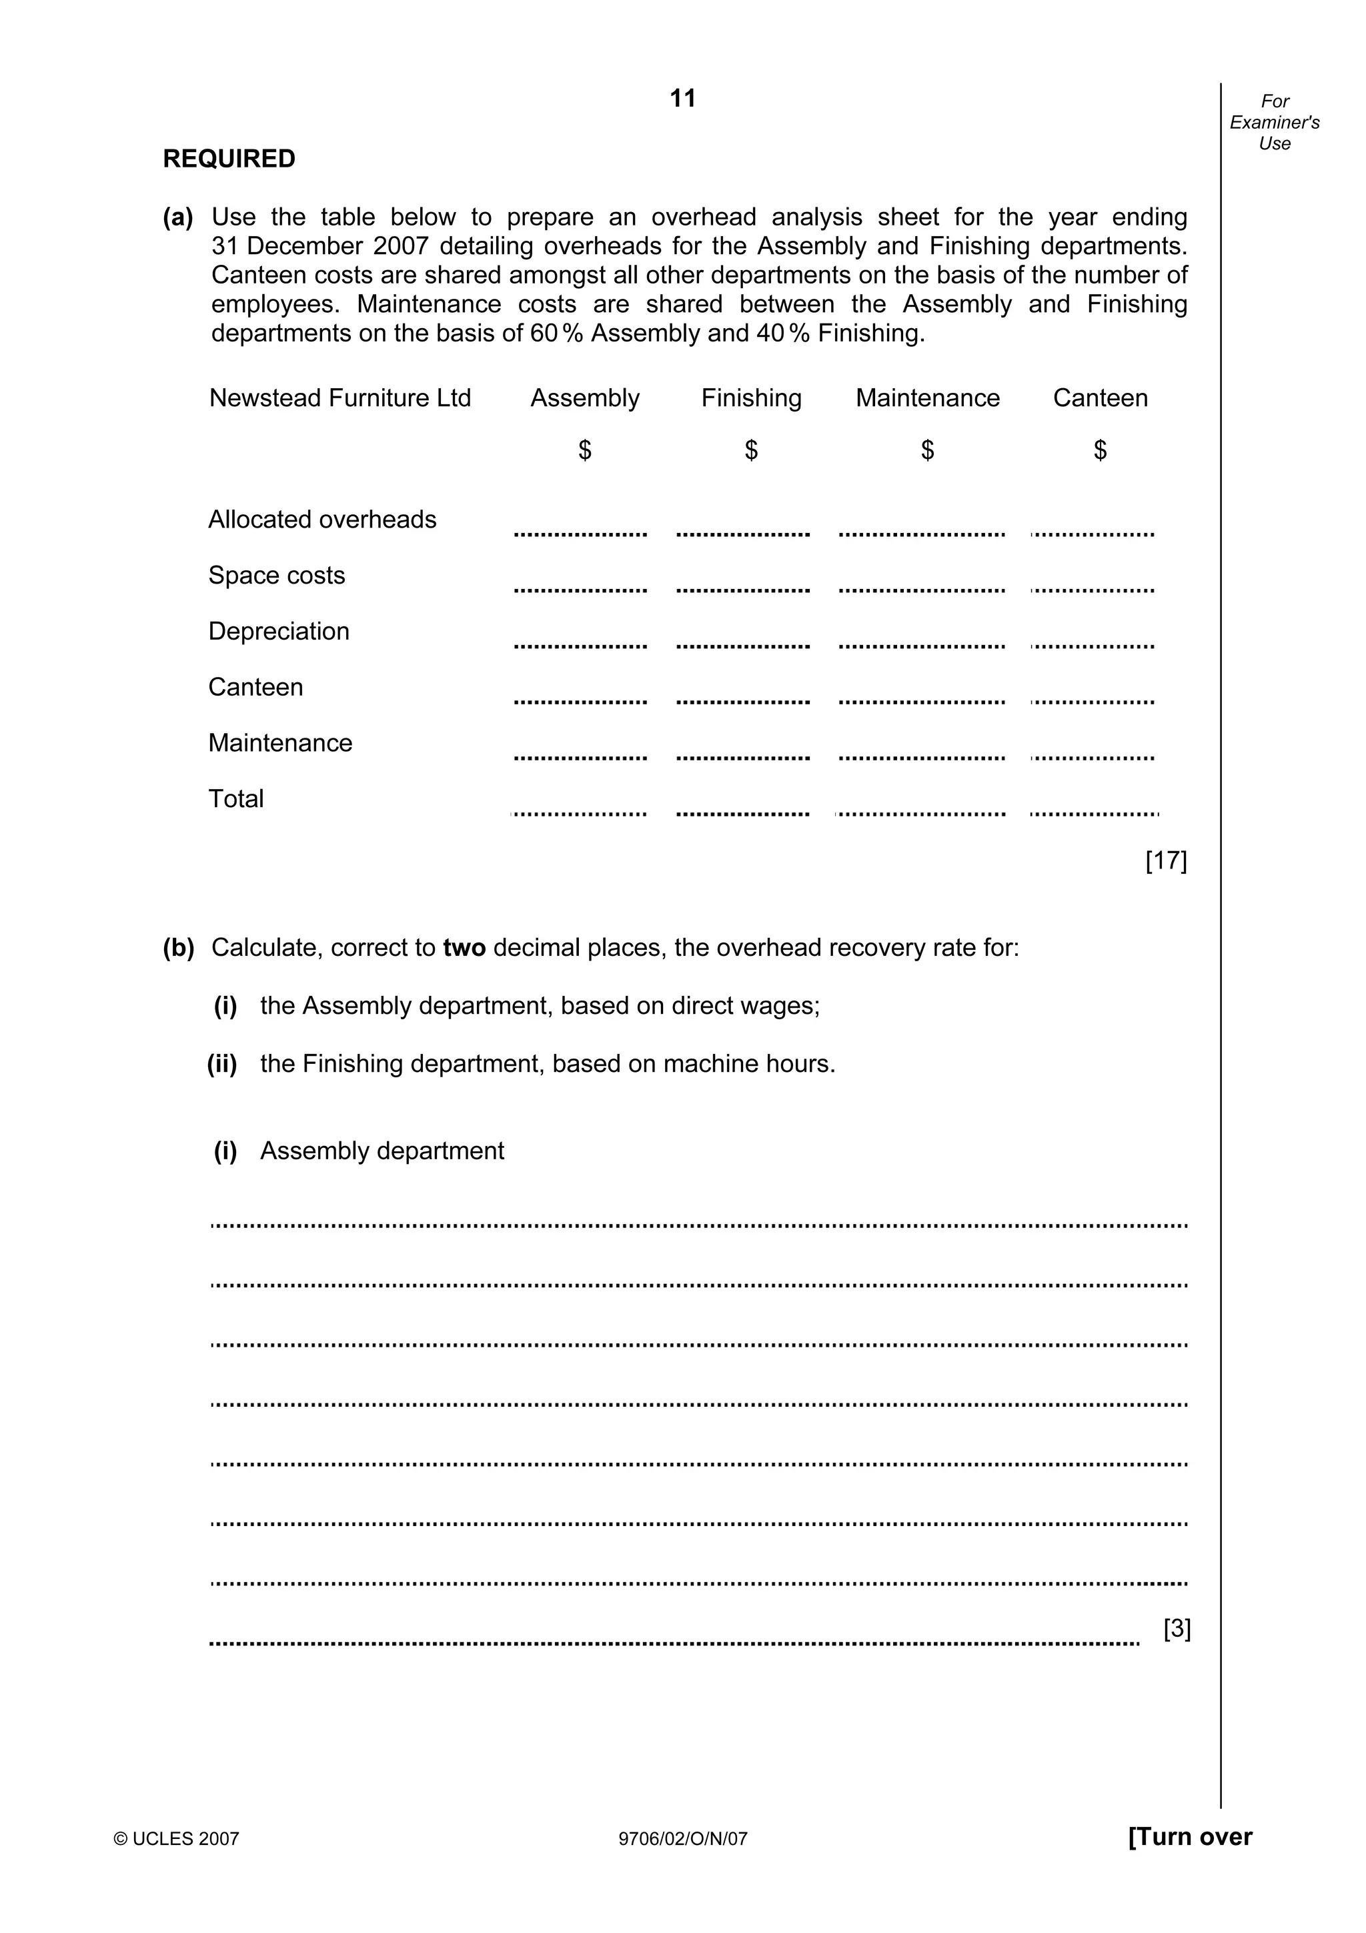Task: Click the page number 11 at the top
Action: [x=682, y=99]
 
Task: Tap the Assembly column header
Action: [x=585, y=398]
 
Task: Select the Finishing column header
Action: [x=751, y=398]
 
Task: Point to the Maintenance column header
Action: [x=928, y=398]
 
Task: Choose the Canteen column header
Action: [x=1100, y=398]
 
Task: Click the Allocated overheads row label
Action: [x=322, y=520]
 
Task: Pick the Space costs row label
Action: [x=277, y=575]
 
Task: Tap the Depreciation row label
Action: [x=279, y=632]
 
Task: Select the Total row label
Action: [x=235, y=798]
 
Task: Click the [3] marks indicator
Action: [x=1177, y=1629]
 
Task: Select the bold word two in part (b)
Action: [x=465, y=948]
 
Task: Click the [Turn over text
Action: [x=1189, y=1836]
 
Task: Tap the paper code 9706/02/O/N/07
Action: [x=682, y=1839]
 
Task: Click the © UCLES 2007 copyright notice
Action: [x=177, y=1839]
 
